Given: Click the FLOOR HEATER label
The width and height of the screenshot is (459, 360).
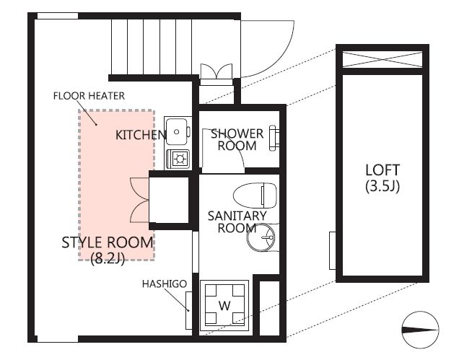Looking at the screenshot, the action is tap(89, 96).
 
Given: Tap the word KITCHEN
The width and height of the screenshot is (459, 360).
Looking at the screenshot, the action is tap(141, 135).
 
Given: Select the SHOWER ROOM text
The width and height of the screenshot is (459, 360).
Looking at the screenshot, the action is tap(237, 140).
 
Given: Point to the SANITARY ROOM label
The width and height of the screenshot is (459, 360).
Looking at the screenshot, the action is tap(237, 222).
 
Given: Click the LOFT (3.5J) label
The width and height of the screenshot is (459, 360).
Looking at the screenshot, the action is tap(382, 178).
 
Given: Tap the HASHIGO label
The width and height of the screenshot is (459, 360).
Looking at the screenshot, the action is tap(165, 284).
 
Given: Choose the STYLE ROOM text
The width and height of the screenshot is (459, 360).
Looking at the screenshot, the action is tap(107, 242).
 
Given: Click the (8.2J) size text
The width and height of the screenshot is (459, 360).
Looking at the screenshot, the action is tap(108, 258).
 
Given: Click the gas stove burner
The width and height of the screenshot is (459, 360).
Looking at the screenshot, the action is tap(178, 159).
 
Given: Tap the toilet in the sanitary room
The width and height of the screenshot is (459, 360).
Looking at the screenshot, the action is tap(255, 196).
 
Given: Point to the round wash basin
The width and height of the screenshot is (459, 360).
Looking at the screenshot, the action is tap(261, 237).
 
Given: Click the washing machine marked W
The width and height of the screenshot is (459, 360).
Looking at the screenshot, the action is tap(224, 305).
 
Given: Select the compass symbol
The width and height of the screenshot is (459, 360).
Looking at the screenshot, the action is tap(420, 330).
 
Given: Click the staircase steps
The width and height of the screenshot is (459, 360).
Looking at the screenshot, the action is tap(152, 47).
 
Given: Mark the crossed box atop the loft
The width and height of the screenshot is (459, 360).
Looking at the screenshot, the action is tap(382, 60).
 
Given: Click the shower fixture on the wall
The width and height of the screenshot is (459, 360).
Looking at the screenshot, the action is tap(274, 138).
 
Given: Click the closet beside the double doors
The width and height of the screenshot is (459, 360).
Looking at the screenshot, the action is tap(169, 200).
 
